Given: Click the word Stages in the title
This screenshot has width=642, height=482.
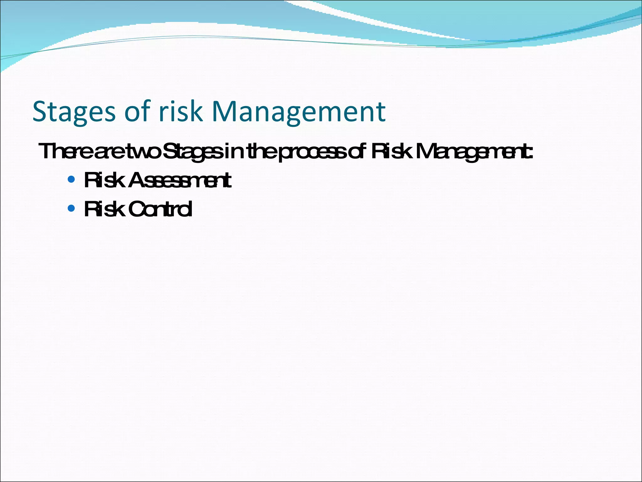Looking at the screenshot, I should tap(74, 112).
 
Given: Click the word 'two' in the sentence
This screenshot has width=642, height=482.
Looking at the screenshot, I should tap(145, 151).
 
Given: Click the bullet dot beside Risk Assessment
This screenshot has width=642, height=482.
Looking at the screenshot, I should tap(71, 179).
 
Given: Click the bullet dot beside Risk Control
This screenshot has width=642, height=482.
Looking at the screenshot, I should tap(71, 208).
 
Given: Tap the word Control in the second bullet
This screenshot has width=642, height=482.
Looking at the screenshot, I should tap(160, 209).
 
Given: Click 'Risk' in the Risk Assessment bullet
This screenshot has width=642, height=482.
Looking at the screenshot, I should tap(104, 180).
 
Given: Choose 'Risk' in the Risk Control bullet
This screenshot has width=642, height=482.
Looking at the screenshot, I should tap(104, 209).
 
